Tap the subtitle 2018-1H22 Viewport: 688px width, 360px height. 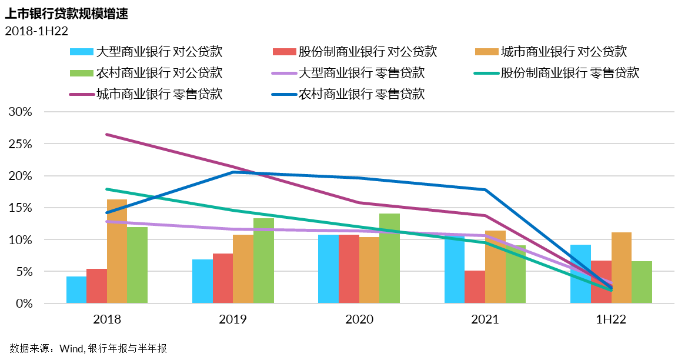[36, 32]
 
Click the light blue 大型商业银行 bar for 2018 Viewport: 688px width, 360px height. [76, 290]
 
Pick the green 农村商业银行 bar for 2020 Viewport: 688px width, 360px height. [389, 259]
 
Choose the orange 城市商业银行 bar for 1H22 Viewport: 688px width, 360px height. [622, 268]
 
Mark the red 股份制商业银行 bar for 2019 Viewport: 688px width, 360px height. [223, 278]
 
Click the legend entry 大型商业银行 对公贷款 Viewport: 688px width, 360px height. [146, 51]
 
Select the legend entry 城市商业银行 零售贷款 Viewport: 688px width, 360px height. [146, 94]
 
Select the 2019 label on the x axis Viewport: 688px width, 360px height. [233, 319]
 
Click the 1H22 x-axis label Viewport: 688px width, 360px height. [612, 319]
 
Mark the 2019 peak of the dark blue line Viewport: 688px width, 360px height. [233, 172]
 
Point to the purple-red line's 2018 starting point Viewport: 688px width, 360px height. [107, 135]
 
